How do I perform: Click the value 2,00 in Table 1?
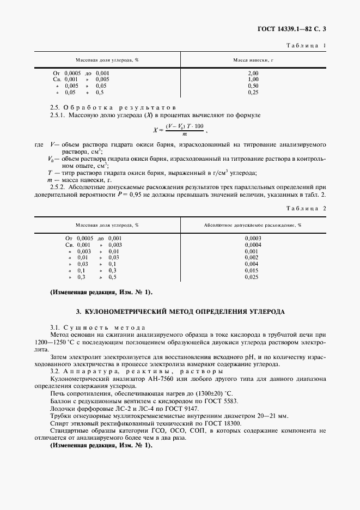click(253, 72)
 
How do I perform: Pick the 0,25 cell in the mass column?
click(253, 93)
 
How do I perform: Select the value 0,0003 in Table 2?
click(253, 238)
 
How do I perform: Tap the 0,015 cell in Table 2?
click(253, 270)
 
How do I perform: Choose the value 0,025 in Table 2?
click(253, 277)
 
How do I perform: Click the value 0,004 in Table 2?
click(253, 264)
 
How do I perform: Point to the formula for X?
click(179, 130)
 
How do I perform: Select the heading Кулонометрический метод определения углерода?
click(180, 312)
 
